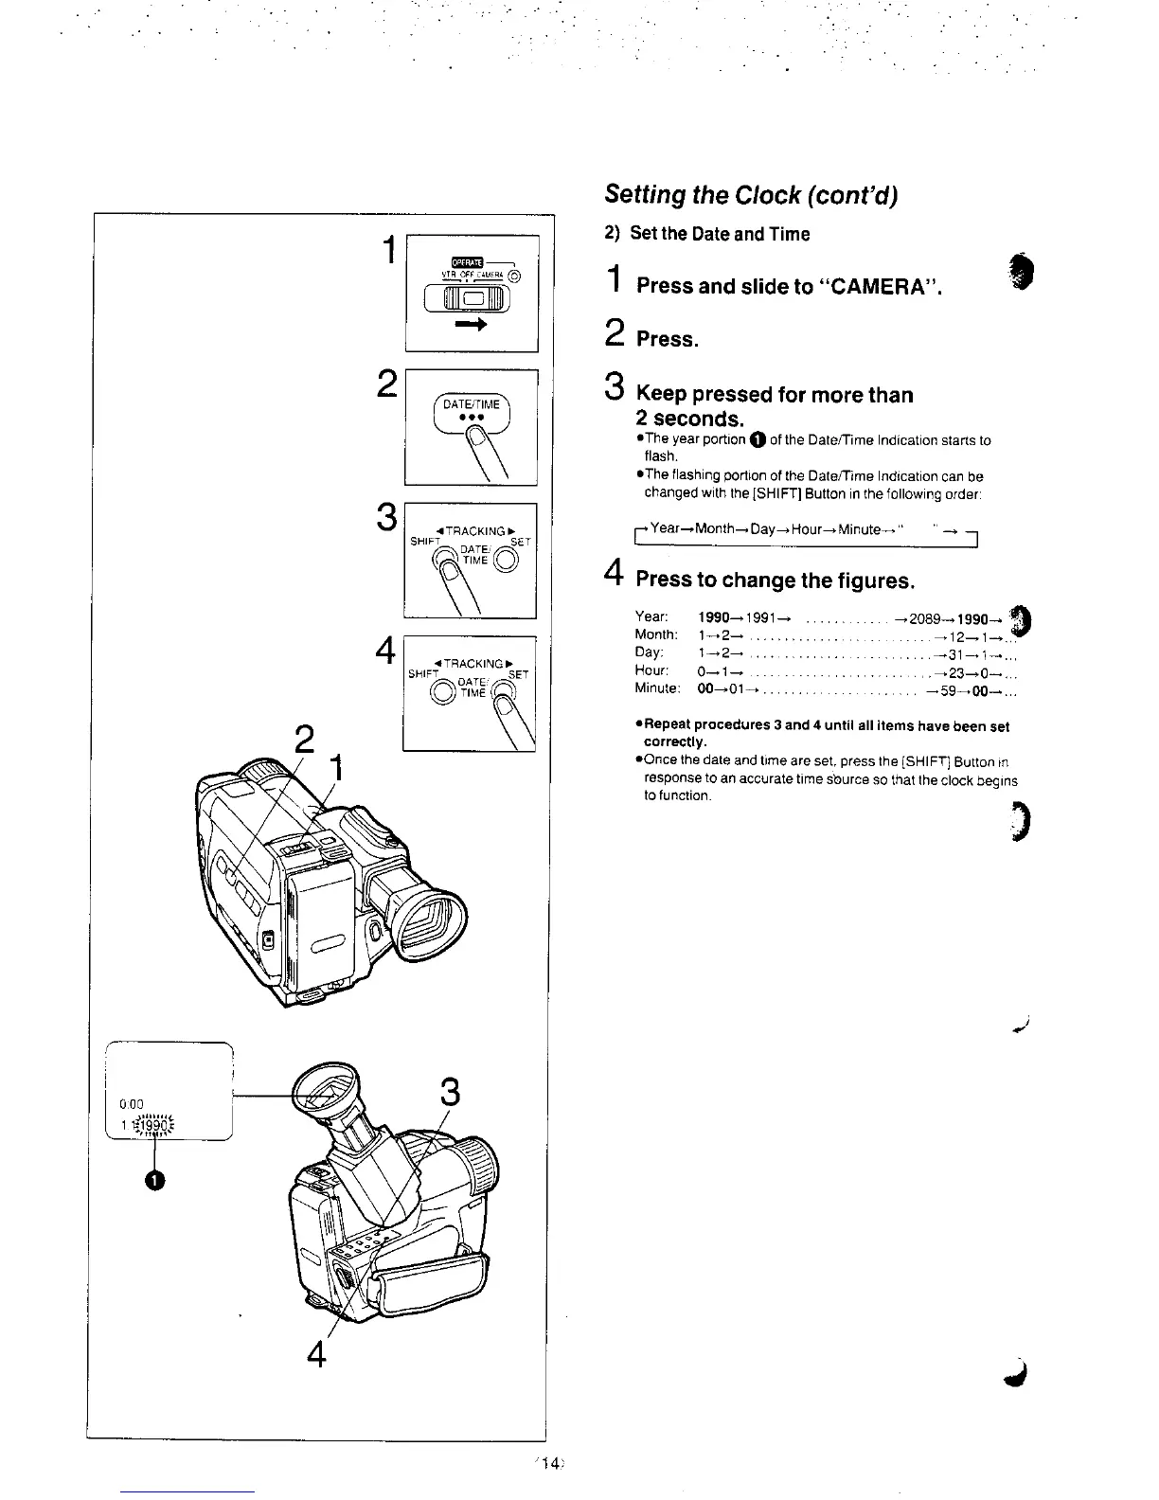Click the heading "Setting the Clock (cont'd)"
(750, 195)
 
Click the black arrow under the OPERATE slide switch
(472, 325)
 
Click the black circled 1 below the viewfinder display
(155, 1178)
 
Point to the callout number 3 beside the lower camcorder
(451, 1094)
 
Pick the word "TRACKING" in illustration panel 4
(470, 663)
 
